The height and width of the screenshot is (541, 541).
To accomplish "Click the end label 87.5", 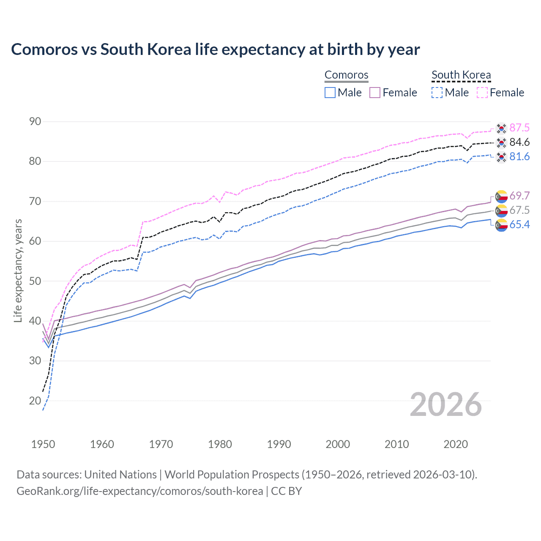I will pyautogui.click(x=519, y=128).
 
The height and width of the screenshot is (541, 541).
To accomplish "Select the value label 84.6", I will pyautogui.click(x=519, y=142).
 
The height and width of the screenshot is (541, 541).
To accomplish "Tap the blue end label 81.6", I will pyautogui.click(x=519, y=156).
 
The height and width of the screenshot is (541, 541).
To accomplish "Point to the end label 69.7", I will pyautogui.click(x=519, y=196).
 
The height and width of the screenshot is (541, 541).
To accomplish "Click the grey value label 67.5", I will pyautogui.click(x=519, y=210).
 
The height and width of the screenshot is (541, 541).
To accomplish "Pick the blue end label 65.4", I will pyautogui.click(x=519, y=224).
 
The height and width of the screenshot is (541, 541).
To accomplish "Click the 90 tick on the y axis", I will pyautogui.click(x=35, y=122).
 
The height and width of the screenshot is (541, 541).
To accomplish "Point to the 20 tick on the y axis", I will pyautogui.click(x=35, y=401).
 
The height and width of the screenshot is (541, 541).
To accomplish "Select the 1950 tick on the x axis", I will pyautogui.click(x=43, y=444).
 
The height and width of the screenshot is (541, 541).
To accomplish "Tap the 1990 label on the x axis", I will pyautogui.click(x=279, y=444).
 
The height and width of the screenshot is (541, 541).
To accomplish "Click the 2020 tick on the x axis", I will pyautogui.click(x=456, y=444).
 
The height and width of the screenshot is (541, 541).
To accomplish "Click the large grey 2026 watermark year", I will pyautogui.click(x=445, y=404).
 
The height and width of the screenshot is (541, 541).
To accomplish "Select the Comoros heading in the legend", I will pyautogui.click(x=347, y=75).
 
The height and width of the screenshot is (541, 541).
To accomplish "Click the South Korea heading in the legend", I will pyautogui.click(x=461, y=75).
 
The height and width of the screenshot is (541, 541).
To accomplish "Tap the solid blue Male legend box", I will pyautogui.click(x=330, y=93).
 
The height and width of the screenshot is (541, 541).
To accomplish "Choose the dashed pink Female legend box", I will pyautogui.click(x=482, y=93).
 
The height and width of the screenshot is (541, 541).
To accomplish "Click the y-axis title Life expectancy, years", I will pyautogui.click(x=18, y=270).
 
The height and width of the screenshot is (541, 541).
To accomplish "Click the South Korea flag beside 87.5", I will pyautogui.click(x=501, y=128).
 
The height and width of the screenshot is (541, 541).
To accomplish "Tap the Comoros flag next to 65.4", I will pyautogui.click(x=501, y=225).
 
